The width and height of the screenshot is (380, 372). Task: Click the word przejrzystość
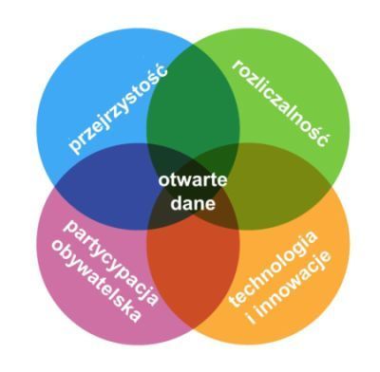tap(117, 108)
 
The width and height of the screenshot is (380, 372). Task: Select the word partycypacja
tap(111, 263)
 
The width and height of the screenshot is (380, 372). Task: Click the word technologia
tap(273, 269)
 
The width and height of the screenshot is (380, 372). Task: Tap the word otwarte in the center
tap(193, 180)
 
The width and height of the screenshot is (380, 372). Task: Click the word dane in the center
tap(193, 204)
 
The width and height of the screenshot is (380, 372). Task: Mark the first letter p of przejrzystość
tap(75, 147)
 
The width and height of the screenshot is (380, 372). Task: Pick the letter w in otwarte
tap(182, 181)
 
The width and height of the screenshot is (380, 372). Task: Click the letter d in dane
tap(176, 204)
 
